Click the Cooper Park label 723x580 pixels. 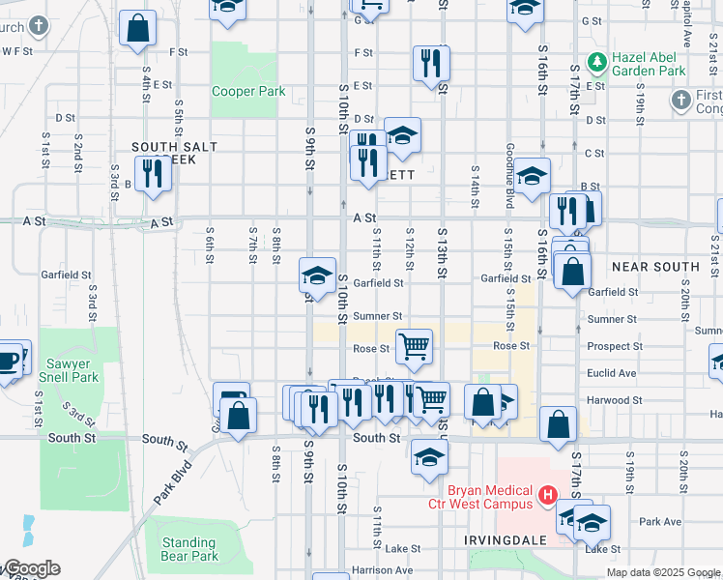pos(248,92)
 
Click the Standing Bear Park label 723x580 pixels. pos(189,549)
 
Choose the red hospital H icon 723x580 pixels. pos(548,497)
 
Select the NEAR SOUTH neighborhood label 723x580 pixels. pos(654,266)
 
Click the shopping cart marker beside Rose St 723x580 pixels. pos(414,346)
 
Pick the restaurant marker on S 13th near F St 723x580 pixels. pos(430,64)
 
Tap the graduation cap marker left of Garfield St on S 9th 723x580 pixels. pos(316,276)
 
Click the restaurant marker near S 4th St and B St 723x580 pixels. pos(152,174)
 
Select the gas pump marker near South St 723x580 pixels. pos(230,398)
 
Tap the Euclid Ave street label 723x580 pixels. pos(611,372)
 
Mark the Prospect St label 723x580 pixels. pos(614,346)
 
